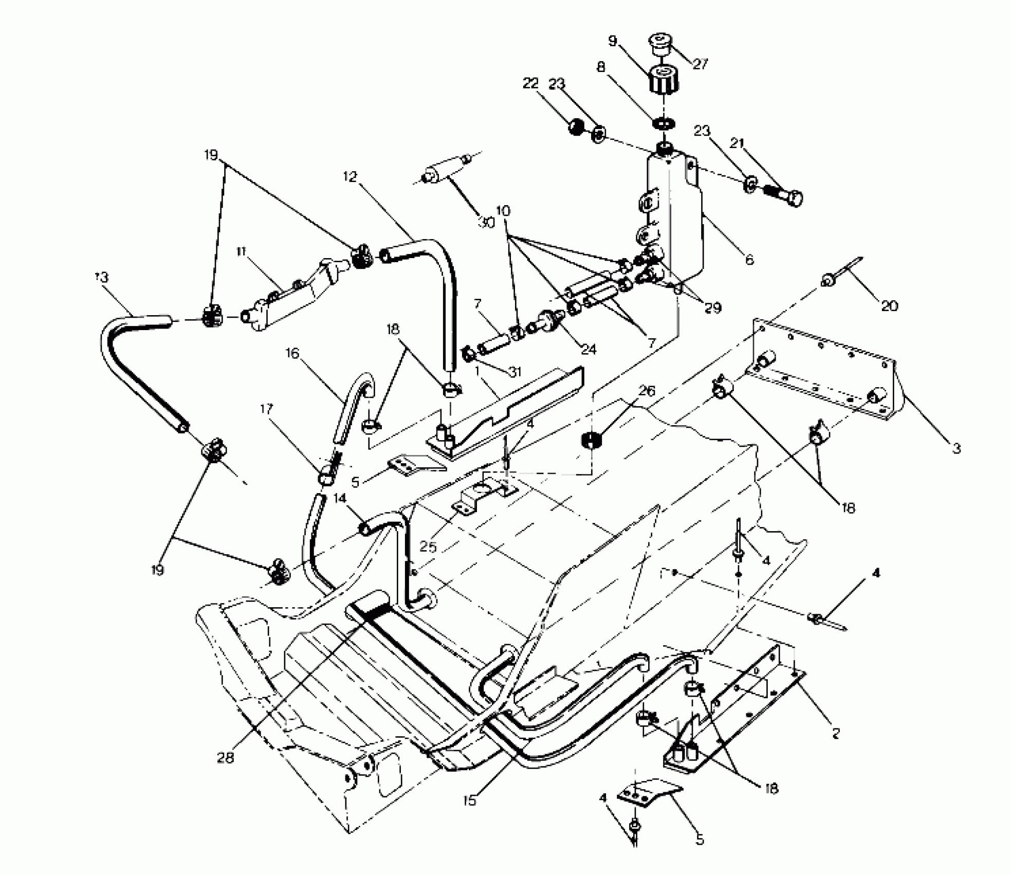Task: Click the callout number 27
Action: coord(701,64)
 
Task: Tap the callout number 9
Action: coord(612,41)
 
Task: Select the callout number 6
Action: coord(749,261)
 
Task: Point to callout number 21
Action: coord(738,143)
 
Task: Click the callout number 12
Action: coord(350,176)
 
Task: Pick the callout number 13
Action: coord(102,277)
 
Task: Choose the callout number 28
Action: coord(225,757)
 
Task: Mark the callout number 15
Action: coord(469,800)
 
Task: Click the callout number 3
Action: coord(956,448)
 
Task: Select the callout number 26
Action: coord(647,391)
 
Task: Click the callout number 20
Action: coord(889,306)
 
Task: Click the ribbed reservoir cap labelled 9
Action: coord(663,81)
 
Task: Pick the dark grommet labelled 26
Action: coord(593,441)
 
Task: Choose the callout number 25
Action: coord(428,547)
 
